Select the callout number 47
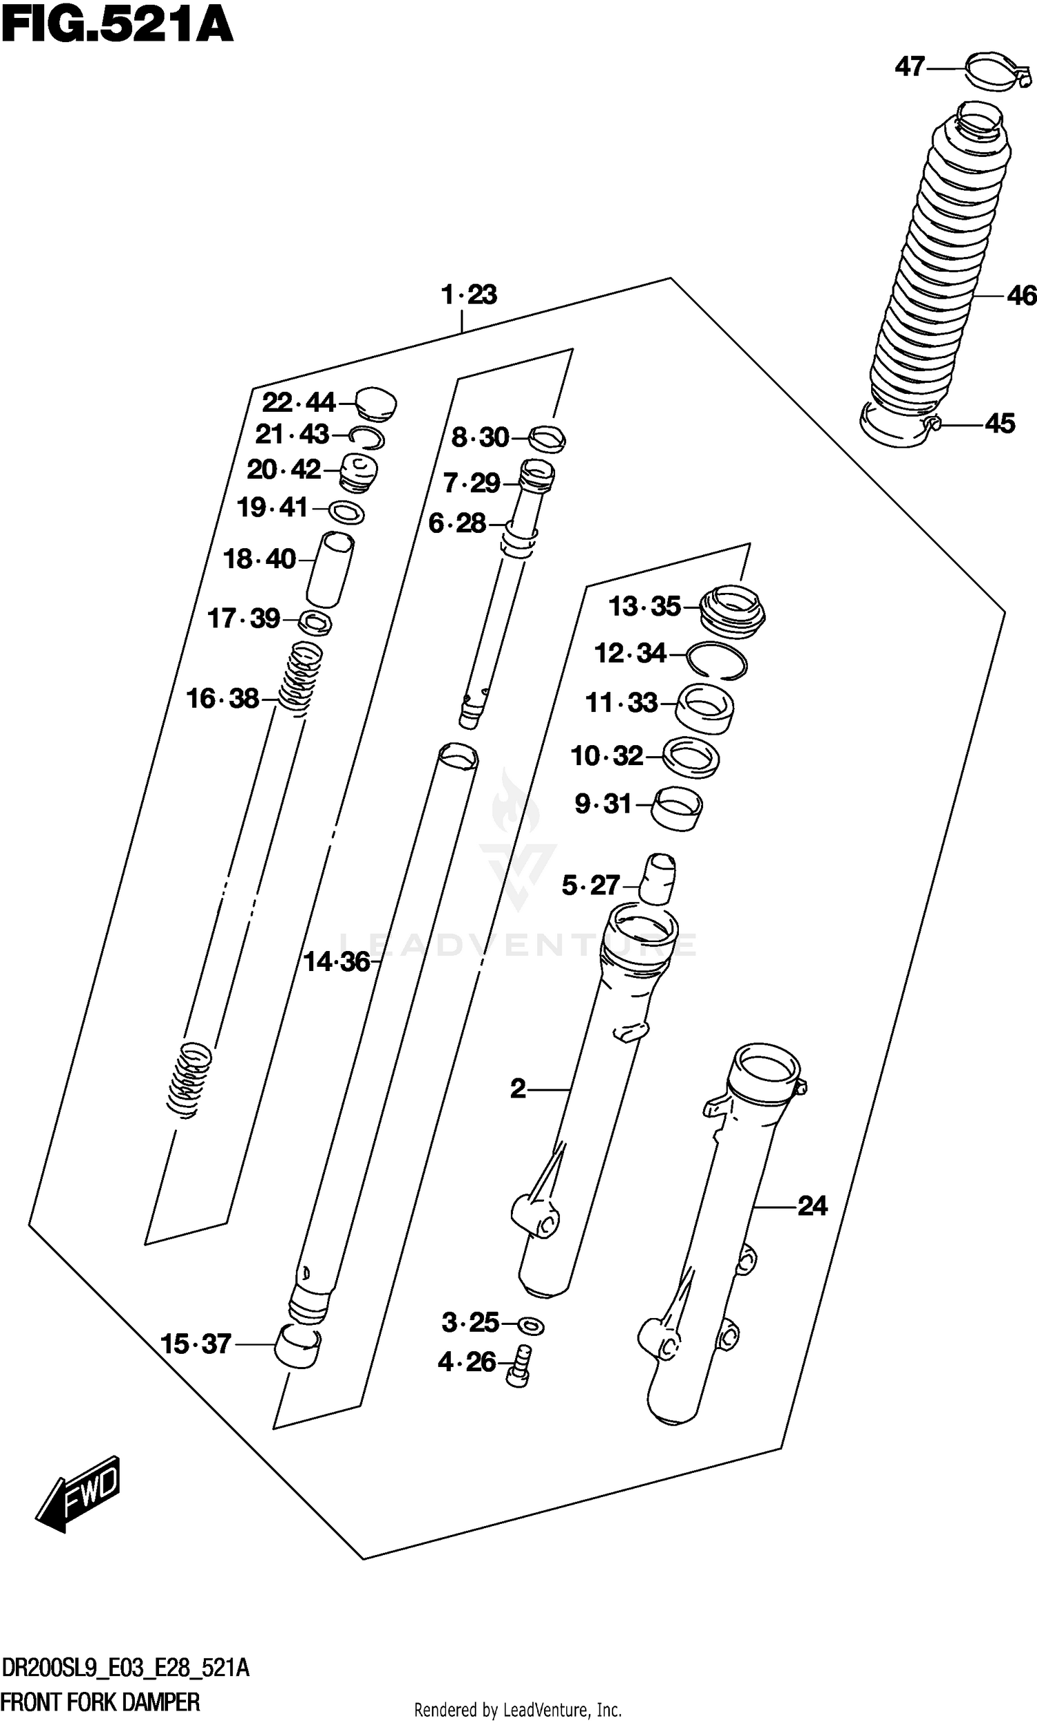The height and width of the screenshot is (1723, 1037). pos(910,67)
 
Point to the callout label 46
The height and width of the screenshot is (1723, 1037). pos(1020,296)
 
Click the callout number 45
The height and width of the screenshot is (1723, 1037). pos(999,423)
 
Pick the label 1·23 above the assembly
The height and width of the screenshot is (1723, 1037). pos(469,294)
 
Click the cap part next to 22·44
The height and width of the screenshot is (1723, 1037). pos(376,404)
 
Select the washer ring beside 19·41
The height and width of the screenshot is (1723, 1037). pos(346,514)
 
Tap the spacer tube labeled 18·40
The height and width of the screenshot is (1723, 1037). pos(330,569)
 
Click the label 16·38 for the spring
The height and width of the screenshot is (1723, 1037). pos(222,699)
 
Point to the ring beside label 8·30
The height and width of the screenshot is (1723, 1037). pos(547,439)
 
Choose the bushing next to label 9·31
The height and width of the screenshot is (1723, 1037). pos(676,808)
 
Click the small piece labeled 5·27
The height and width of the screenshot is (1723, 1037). pos(658,878)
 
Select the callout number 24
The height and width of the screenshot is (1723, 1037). pos(812,1206)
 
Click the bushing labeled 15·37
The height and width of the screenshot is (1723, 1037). pos(297,1346)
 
